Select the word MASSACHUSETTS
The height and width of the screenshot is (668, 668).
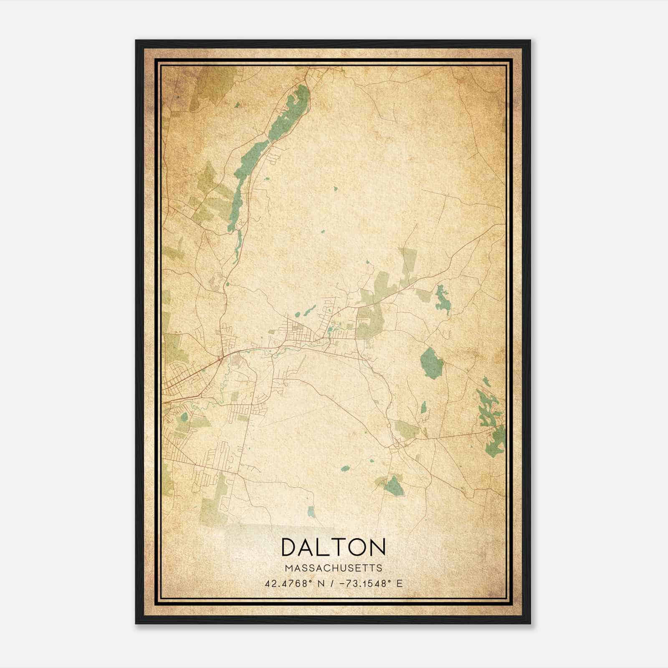pyautogui.click(x=333, y=568)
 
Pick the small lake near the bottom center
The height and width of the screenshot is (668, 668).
pyautogui.click(x=311, y=511)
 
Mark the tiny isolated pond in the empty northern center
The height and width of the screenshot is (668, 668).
pyautogui.click(x=335, y=189)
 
